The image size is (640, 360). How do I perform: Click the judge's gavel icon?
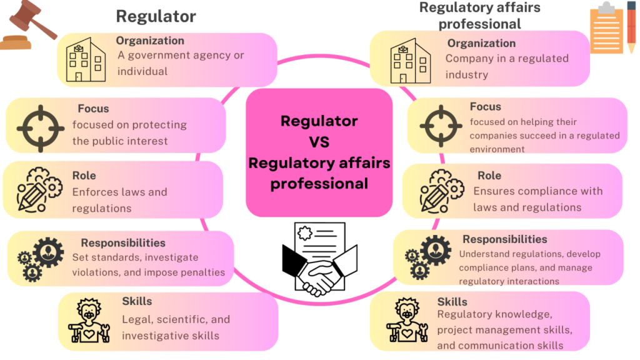(29, 26)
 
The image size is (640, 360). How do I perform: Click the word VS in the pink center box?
(319, 142)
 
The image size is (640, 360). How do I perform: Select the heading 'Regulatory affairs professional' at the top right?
(480, 16)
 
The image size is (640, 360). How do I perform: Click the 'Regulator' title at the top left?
(156, 16)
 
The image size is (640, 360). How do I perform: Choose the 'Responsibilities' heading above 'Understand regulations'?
(504, 239)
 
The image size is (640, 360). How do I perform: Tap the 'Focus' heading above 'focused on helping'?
(486, 107)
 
